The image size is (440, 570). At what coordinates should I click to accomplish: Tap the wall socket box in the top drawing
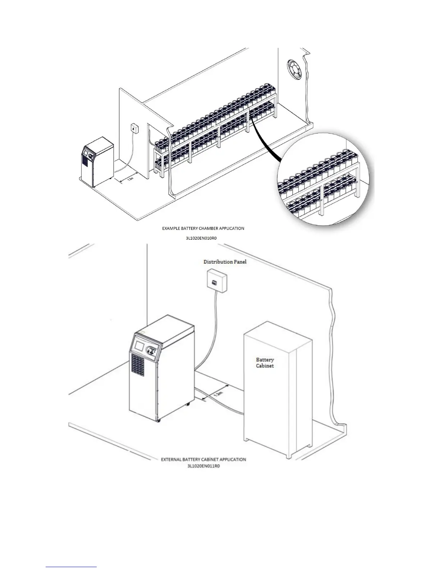134,128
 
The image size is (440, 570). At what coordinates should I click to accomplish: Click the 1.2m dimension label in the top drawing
131,179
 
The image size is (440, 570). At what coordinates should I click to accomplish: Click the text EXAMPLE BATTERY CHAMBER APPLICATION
203,228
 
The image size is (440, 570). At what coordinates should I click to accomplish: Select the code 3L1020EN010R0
203,237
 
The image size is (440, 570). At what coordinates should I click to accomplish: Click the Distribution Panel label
225,262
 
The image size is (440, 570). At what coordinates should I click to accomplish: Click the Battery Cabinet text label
265,363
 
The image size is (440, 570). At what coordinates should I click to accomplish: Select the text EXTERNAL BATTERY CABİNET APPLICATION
203,460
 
